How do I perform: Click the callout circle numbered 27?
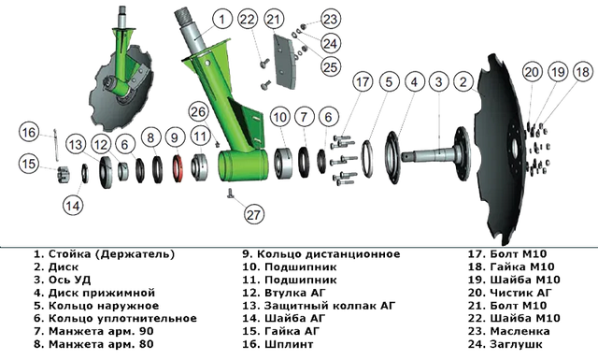[253, 214]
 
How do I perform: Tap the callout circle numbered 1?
[222, 19]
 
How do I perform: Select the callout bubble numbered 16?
[29, 133]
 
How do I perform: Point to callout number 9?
[175, 137]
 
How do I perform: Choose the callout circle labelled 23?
[330, 19]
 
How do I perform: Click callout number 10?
[280, 117]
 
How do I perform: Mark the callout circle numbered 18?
[583, 72]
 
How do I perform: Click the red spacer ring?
[177, 168]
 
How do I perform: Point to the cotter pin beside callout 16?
[56, 144]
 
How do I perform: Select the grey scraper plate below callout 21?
[284, 63]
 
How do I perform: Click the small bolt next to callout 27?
[231, 194]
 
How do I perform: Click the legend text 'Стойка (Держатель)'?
[112, 254]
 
